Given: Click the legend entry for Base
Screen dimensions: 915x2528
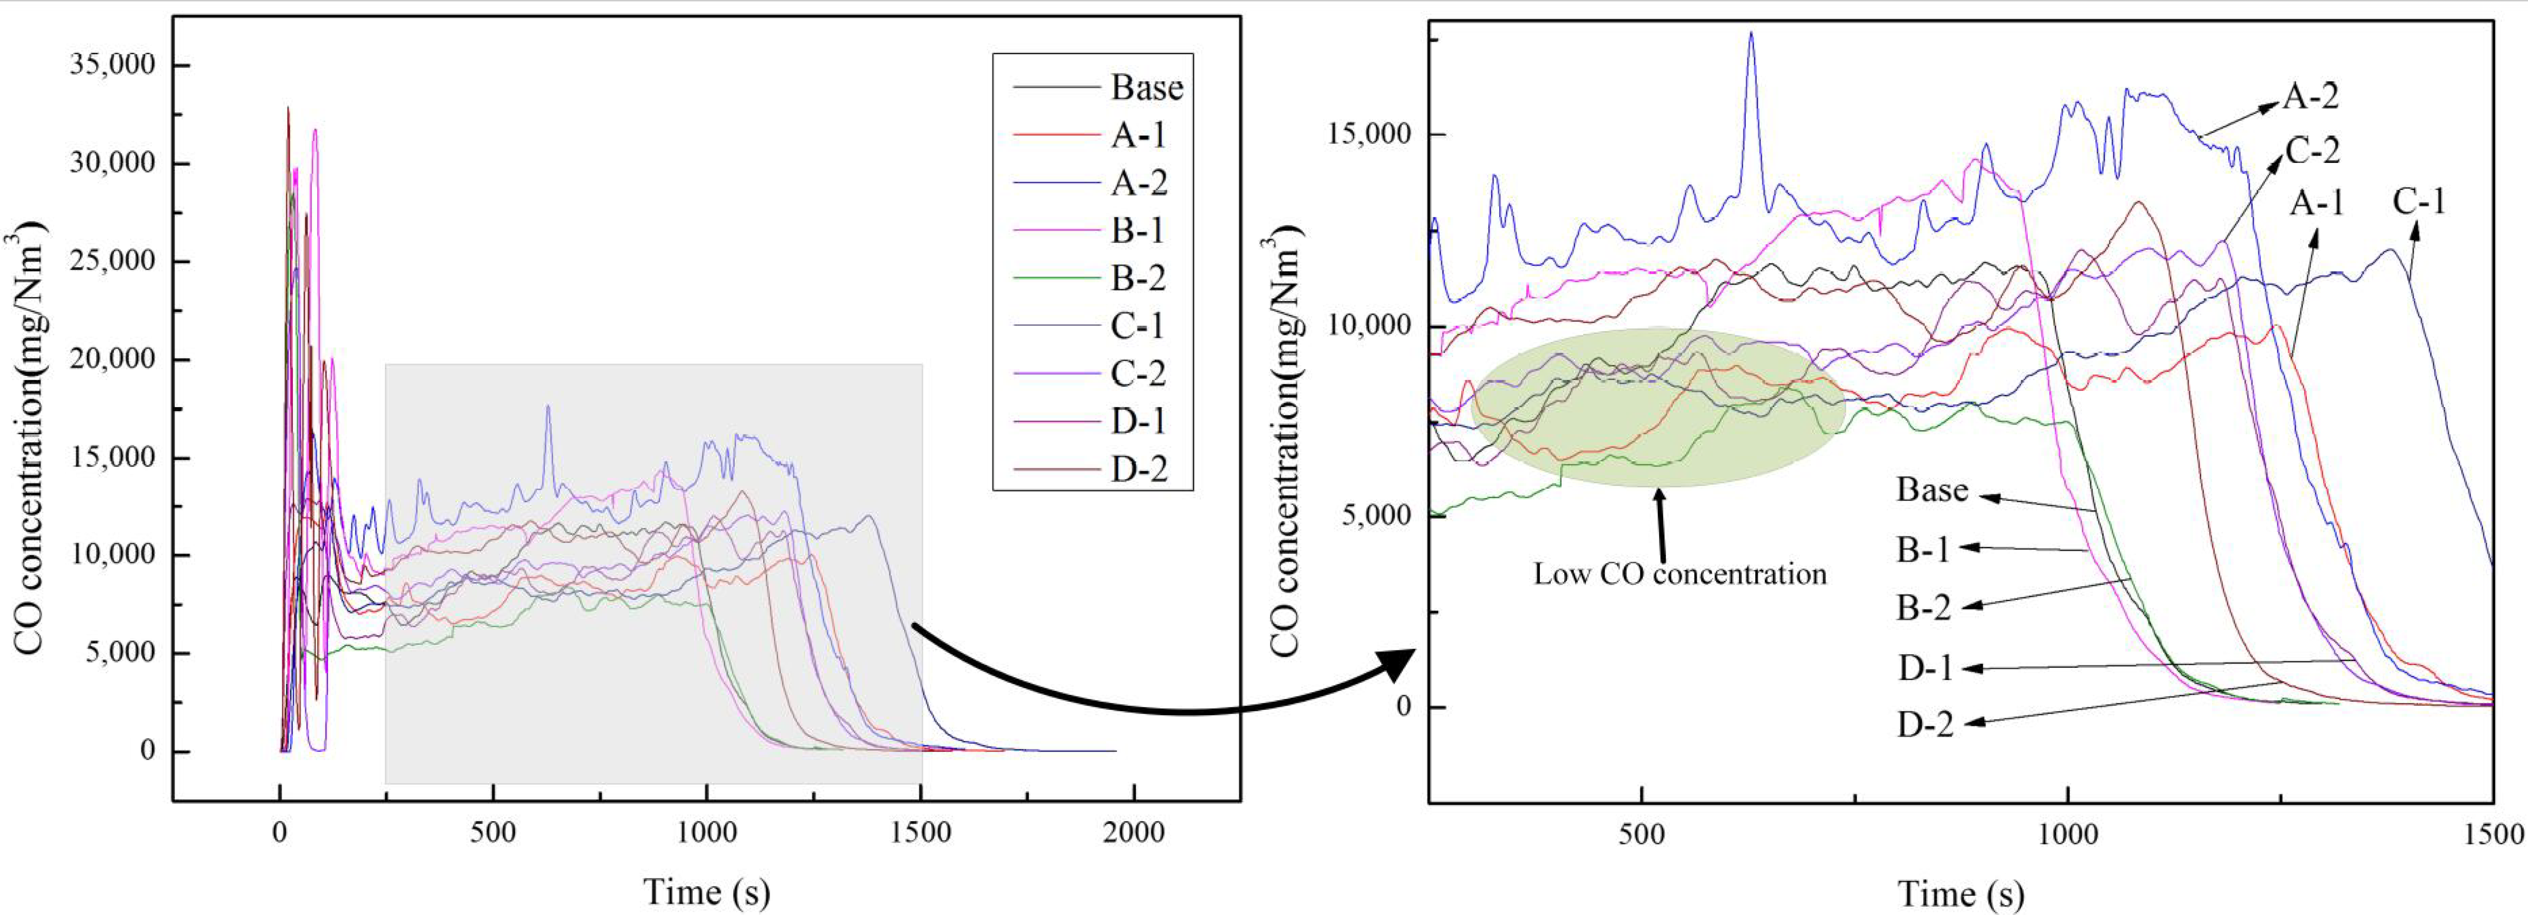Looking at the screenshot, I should (1145, 88).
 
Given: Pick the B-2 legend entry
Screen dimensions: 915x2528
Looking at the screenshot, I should (1139, 279).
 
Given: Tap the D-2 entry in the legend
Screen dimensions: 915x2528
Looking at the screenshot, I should (1139, 469).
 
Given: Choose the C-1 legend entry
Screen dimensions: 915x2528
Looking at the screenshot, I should (1139, 326).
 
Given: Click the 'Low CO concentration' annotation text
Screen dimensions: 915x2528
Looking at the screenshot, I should (1680, 573).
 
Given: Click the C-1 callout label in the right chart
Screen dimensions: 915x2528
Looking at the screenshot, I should (2418, 202).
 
